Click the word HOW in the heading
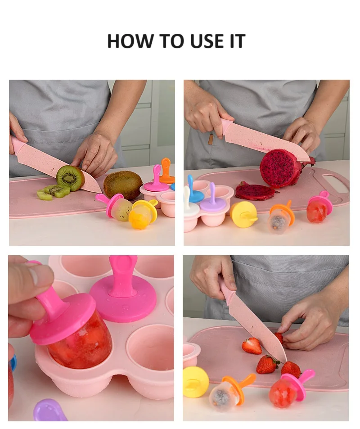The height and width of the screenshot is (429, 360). pyautogui.click(x=130, y=41)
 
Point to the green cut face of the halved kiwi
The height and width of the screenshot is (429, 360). pyautogui.click(x=68, y=178)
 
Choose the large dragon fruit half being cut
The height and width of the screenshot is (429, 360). pyautogui.click(x=279, y=168)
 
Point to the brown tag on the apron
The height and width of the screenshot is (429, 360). pyautogui.click(x=211, y=139)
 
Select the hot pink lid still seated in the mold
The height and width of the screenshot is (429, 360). pyautogui.click(x=123, y=294)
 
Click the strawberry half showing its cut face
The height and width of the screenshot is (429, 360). pyautogui.click(x=252, y=346)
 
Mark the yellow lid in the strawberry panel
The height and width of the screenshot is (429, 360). pyautogui.click(x=196, y=382)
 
